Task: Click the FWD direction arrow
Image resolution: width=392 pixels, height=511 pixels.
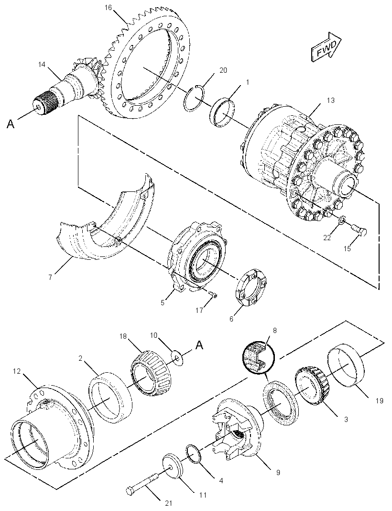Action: pos(326,46)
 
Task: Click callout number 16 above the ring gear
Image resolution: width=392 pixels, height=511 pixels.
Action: pos(108,8)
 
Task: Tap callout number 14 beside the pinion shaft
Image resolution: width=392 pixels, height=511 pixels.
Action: pos(42,65)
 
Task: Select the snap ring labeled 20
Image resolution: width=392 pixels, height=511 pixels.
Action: pos(195,99)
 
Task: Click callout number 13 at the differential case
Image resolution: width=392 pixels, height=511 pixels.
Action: pos(330,100)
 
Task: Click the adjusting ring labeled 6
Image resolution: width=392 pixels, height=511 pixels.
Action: pos(251,288)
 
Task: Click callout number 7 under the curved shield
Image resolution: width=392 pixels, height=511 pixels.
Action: pos(50,278)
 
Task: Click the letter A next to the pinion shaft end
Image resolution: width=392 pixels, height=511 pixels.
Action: pos(11,124)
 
